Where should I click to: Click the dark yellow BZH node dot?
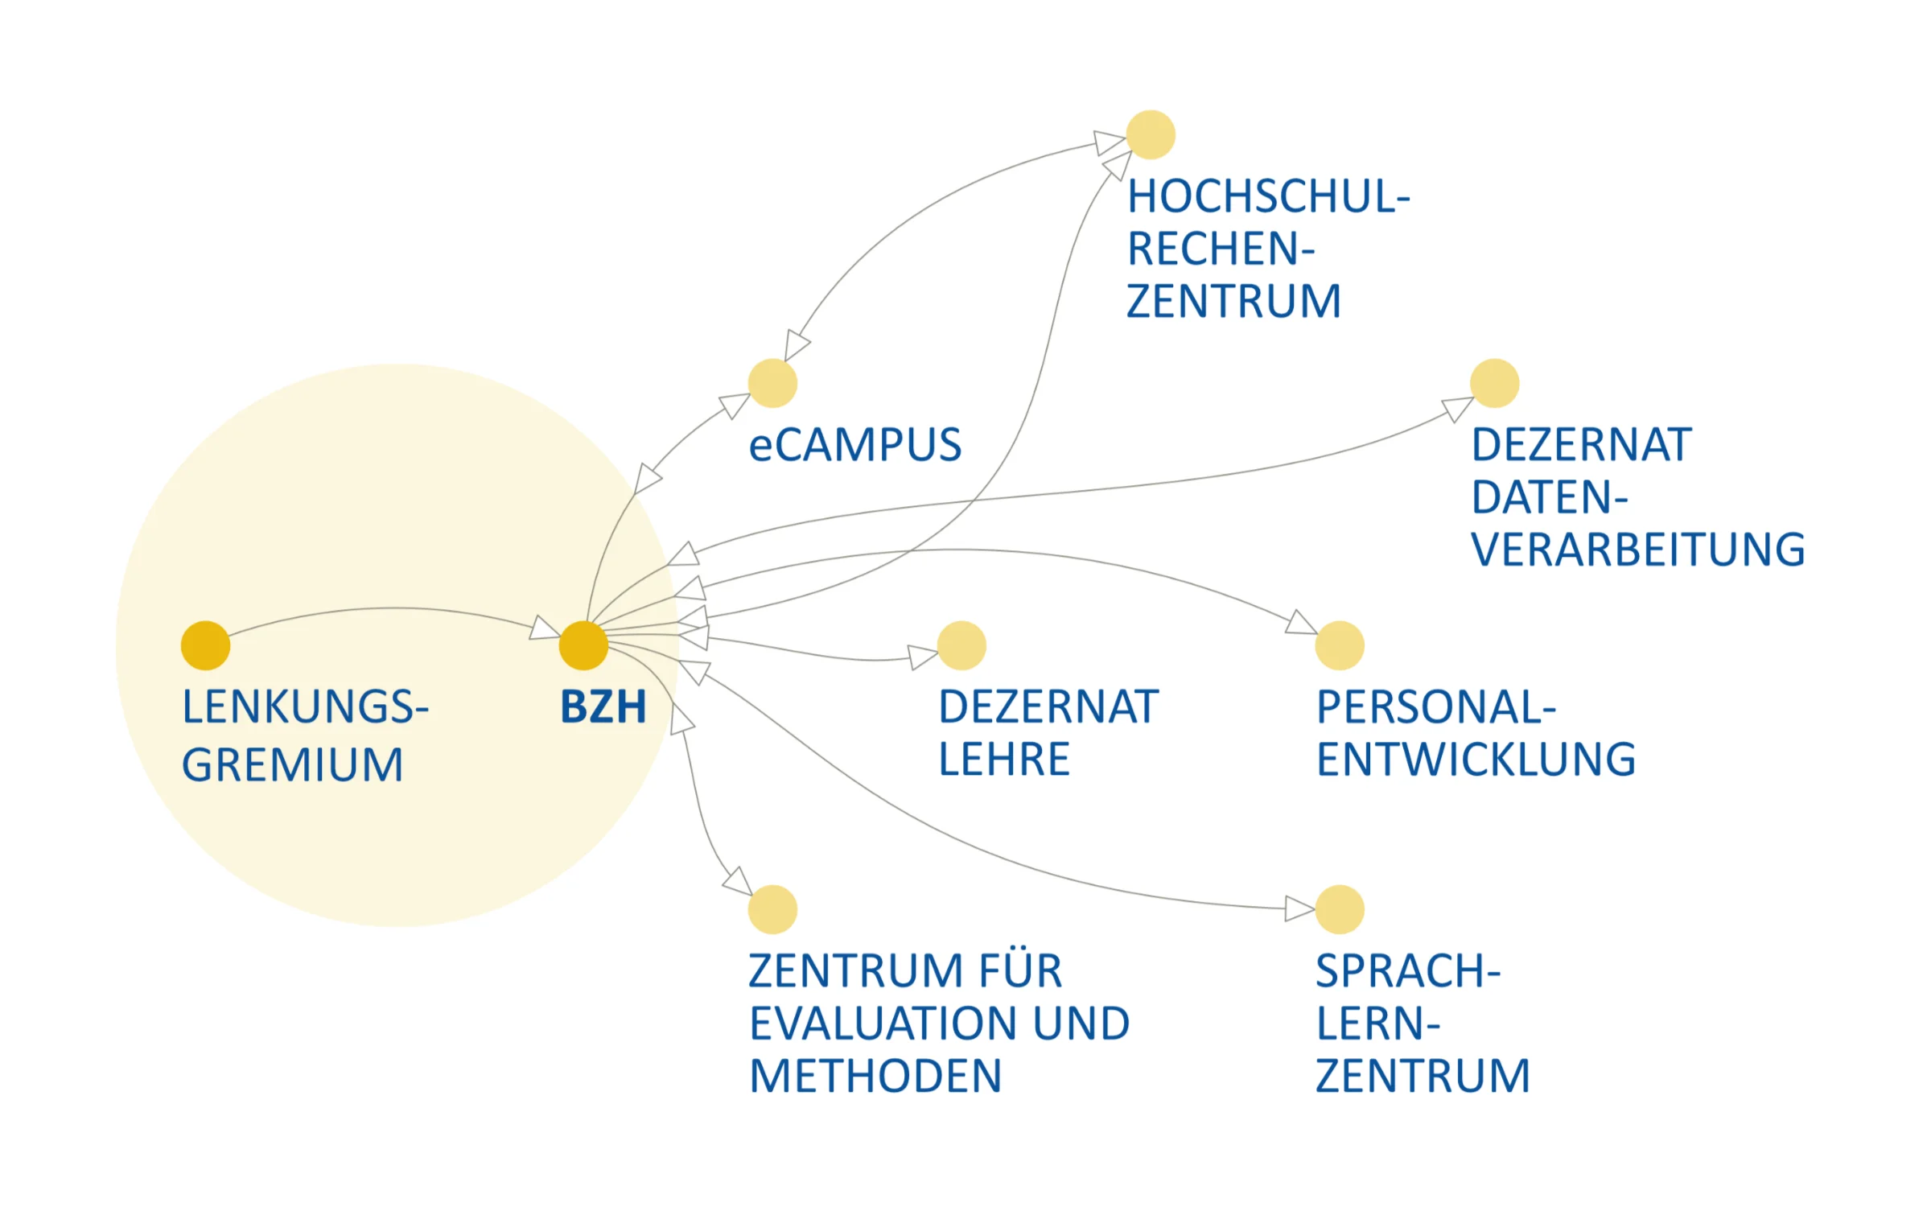pos(583,645)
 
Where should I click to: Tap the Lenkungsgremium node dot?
pos(205,645)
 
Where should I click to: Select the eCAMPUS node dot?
pos(772,383)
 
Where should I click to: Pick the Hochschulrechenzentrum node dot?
pos(1151,134)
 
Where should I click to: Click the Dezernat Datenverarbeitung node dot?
pos(1494,383)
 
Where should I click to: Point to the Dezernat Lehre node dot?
pos(961,645)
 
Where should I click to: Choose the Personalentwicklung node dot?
pos(1340,645)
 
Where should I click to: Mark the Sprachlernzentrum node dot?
pos(1340,909)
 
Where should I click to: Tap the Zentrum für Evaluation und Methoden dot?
pos(772,909)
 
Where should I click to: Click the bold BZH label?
pos(603,707)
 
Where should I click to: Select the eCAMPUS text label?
pos(854,445)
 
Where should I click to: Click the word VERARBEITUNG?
pos(1638,550)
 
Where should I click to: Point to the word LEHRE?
pos(1004,759)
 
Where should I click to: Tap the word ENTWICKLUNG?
pos(1476,759)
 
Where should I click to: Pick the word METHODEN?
pos(875,1076)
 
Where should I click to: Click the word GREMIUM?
pos(292,764)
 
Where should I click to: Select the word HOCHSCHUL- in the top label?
pos(1269,196)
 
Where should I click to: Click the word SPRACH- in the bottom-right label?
pos(1408,971)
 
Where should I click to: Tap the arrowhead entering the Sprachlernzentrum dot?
pos(1299,908)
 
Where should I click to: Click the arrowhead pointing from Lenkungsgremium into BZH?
pos(545,628)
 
